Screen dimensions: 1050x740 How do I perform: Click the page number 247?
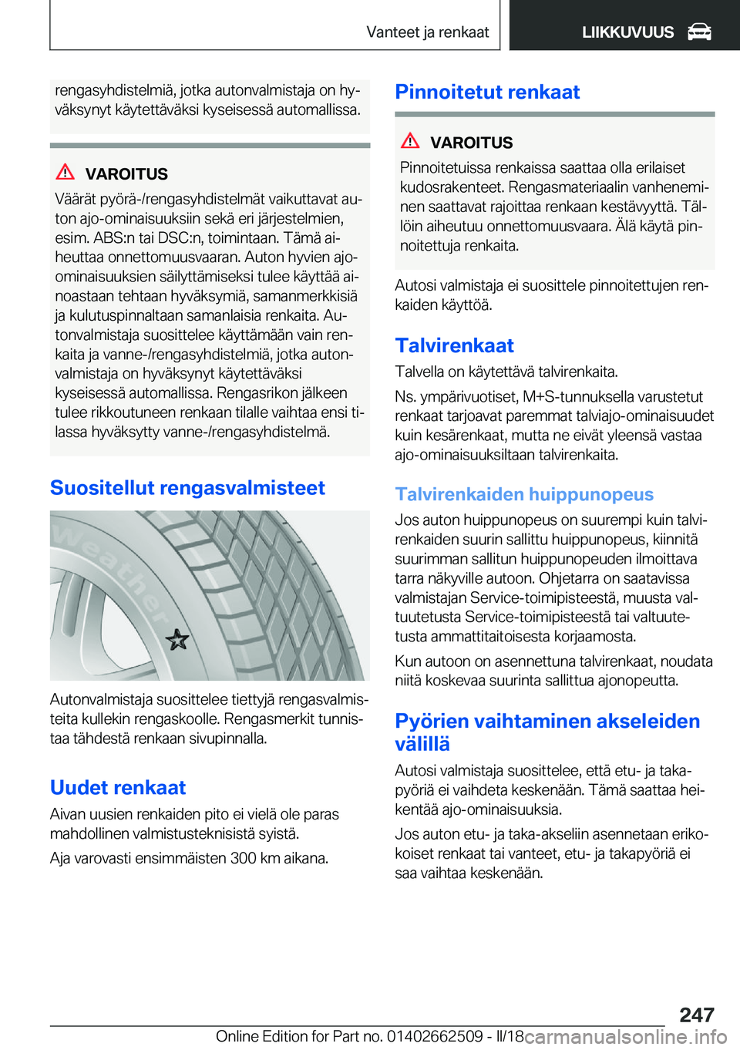[x=697, y=1015]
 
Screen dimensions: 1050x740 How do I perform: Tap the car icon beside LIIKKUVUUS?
[x=699, y=32]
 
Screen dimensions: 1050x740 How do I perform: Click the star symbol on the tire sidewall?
[x=177, y=639]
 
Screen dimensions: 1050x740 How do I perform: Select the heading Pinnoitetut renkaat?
[x=487, y=92]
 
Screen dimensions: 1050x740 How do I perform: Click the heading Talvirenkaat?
[x=454, y=345]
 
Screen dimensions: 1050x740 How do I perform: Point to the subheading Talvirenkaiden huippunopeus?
[x=524, y=494]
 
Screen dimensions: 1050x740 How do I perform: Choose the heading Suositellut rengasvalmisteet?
[x=187, y=488]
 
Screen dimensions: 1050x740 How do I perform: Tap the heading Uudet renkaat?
[x=118, y=787]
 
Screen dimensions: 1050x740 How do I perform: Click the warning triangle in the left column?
[x=66, y=172]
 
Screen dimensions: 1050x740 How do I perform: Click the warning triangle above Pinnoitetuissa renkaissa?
[x=410, y=140]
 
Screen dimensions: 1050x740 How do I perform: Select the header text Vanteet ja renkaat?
[x=427, y=32]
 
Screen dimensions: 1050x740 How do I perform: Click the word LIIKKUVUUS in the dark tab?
[x=627, y=32]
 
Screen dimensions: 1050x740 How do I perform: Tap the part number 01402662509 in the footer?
[x=436, y=1036]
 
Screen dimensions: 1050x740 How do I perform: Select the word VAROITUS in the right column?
[x=471, y=143]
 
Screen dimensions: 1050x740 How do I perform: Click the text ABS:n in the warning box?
[x=113, y=238]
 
